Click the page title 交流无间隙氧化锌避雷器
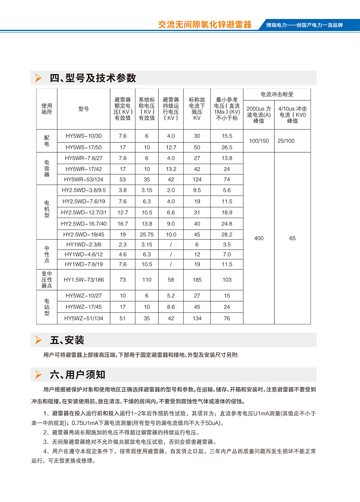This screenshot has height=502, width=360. click(205, 25)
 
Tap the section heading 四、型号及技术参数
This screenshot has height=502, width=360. click(93, 78)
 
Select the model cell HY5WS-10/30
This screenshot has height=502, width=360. click(84, 136)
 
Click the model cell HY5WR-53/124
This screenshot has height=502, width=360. click(84, 180)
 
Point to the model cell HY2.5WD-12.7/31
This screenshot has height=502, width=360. click(84, 213)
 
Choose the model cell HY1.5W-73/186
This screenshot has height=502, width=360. click(84, 280)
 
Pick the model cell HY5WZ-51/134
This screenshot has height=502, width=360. click(84, 318)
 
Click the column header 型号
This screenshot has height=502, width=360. click(84, 109)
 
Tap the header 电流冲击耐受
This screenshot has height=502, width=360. click(277, 94)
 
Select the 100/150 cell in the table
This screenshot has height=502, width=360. click(259, 141)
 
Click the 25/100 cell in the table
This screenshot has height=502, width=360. click(286, 141)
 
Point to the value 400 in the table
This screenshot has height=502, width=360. click(259, 238)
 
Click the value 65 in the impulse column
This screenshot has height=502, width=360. click(293, 238)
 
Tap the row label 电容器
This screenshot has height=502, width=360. click(47, 169)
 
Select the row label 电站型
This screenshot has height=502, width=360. click(47, 307)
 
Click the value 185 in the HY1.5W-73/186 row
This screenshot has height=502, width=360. click(197, 280)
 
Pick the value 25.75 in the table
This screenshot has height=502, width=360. click(147, 235)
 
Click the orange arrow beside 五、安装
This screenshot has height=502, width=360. click(38, 340)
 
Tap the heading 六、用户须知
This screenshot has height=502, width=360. click(78, 375)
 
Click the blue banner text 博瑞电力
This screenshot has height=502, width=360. click(277, 25)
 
